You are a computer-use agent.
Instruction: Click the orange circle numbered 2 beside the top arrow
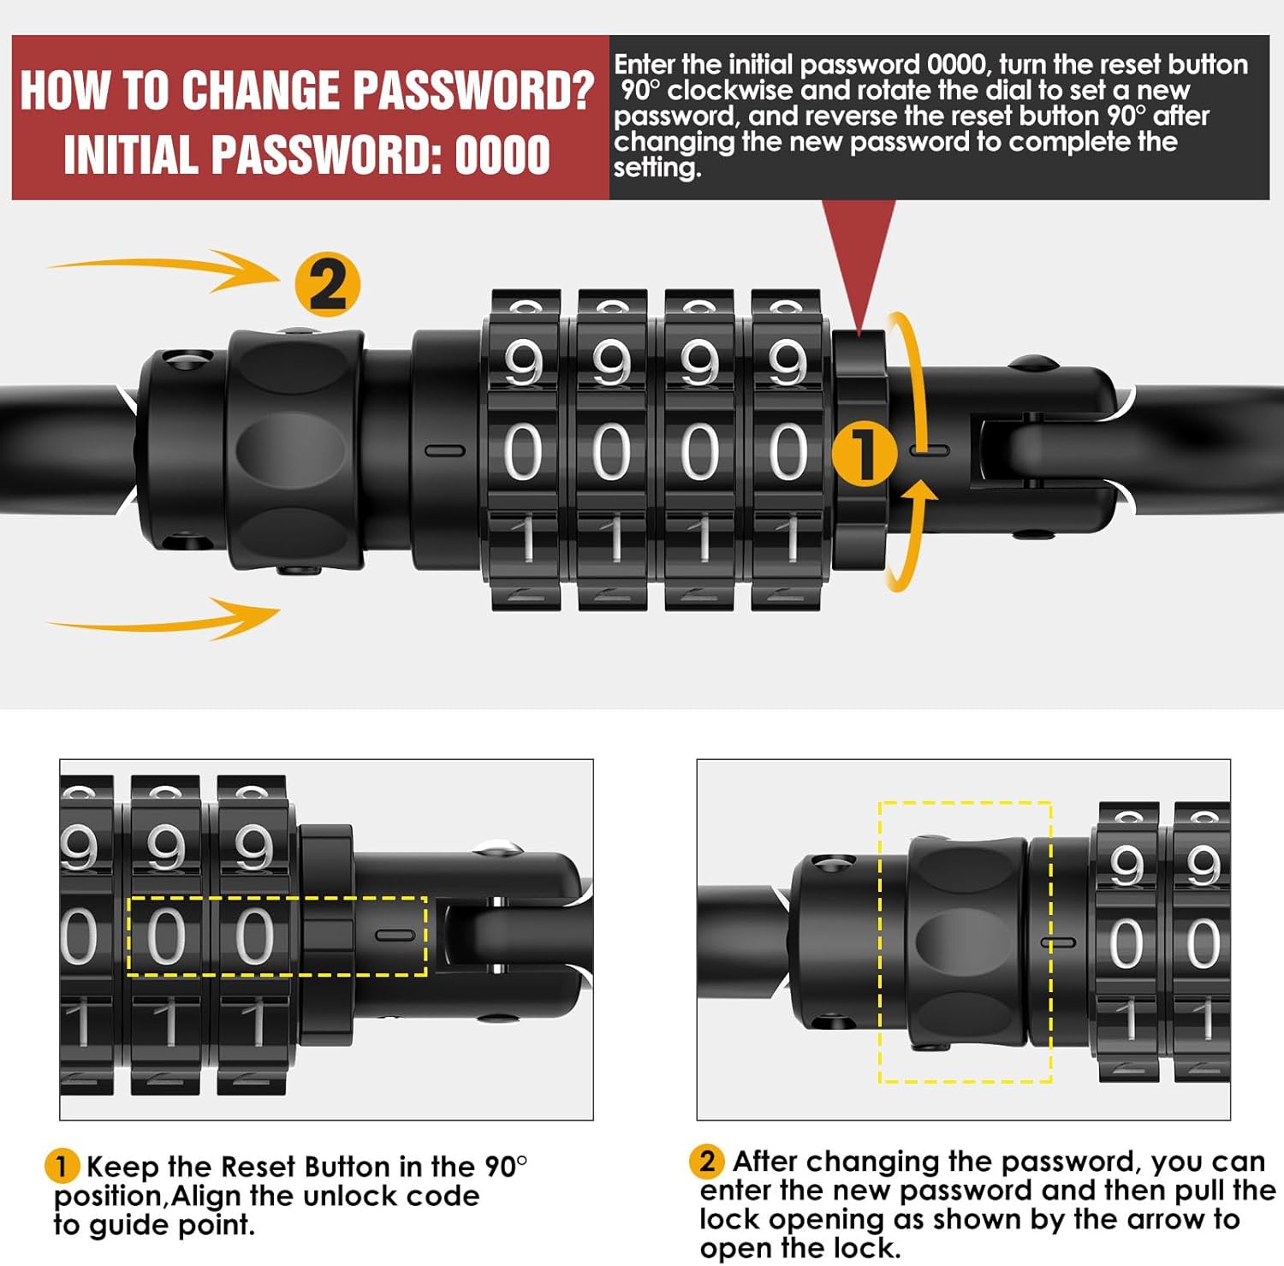[327, 284]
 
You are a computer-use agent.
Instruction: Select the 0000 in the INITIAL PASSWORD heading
[502, 155]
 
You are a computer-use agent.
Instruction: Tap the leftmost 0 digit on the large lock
[523, 452]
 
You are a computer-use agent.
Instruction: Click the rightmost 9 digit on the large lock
[787, 363]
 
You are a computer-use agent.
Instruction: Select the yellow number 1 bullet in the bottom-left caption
[61, 1166]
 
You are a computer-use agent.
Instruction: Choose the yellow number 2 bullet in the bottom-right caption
[707, 1161]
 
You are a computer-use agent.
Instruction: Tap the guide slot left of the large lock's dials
[445, 450]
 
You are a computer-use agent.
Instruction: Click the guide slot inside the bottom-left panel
[395, 935]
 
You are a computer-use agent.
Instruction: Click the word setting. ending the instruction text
[657, 168]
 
